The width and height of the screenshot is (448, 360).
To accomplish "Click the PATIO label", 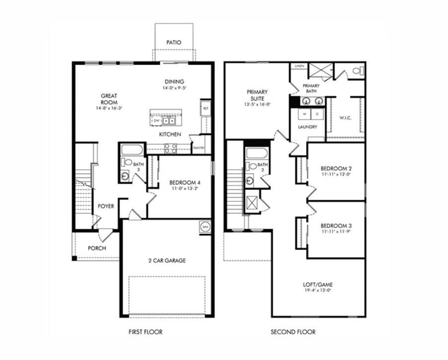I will (174, 42).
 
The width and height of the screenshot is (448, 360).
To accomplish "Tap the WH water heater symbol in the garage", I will (206, 227).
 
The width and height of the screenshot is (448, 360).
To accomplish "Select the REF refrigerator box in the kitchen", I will (205, 107).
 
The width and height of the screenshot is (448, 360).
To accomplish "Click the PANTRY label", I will (198, 148).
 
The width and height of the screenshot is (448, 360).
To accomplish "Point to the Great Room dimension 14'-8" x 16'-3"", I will (109, 108).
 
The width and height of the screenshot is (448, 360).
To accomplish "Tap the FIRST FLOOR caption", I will (145, 332).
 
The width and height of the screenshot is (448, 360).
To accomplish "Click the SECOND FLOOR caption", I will (293, 332).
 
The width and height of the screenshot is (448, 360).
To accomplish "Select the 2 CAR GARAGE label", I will (166, 260).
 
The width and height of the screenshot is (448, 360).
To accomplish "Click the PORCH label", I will (97, 248).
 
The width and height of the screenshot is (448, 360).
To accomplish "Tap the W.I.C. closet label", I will (346, 117).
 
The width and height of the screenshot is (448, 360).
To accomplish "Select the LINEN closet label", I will (299, 66).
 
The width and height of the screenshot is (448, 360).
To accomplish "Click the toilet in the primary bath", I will (357, 70).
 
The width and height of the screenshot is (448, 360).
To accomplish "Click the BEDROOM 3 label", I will (336, 226).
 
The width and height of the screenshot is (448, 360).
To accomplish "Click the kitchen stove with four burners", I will (170, 148).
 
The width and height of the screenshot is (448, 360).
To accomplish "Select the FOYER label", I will (105, 206).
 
